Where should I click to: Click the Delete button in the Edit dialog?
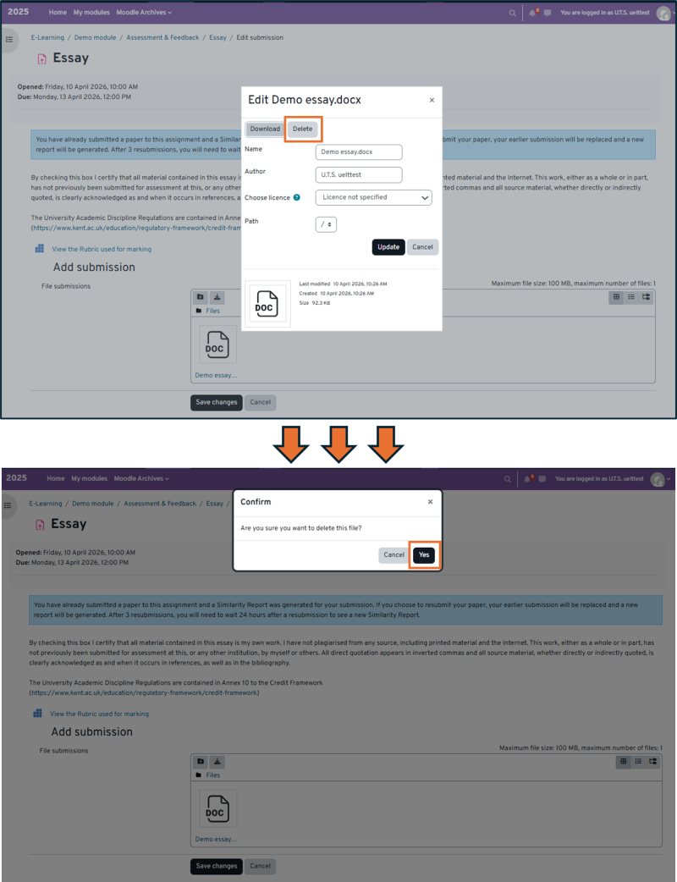click(x=302, y=129)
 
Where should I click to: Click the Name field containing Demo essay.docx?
click(x=358, y=152)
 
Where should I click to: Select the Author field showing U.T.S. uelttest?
click(x=358, y=175)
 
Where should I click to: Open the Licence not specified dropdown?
click(x=373, y=197)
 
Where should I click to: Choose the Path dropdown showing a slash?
click(x=325, y=224)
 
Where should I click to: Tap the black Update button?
click(x=388, y=247)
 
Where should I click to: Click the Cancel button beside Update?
click(x=421, y=247)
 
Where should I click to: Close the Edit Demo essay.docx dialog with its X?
click(x=432, y=100)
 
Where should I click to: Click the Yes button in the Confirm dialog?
click(x=424, y=555)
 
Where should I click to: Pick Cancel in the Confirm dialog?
click(x=394, y=555)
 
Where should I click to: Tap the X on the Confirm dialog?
click(x=430, y=502)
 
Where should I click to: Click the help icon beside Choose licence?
click(x=297, y=198)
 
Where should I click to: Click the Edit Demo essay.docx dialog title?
click(x=304, y=100)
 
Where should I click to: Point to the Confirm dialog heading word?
click(x=256, y=502)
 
